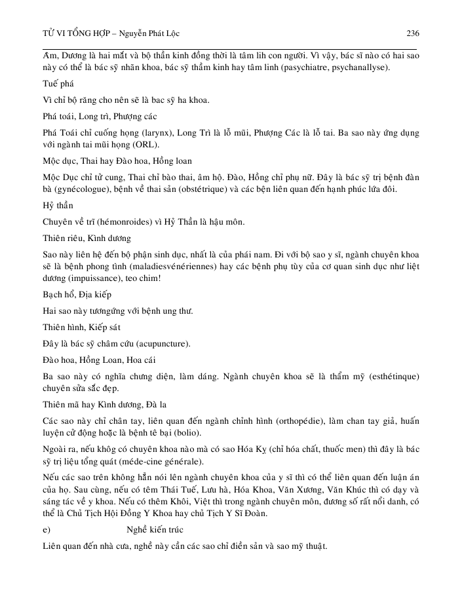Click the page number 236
point(413,33)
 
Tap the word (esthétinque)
point(390,377)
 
